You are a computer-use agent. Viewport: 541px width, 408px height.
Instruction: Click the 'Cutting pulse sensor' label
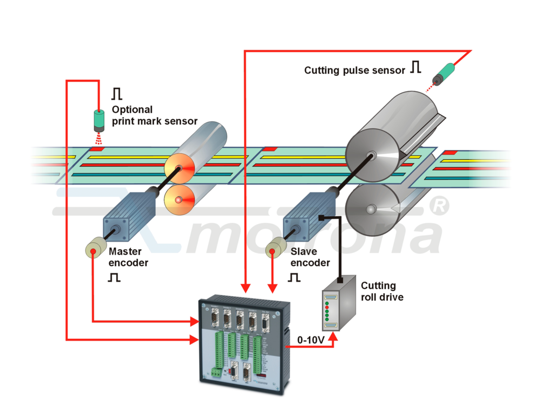click(354, 70)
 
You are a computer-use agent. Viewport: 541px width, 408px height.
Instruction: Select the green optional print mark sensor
click(98, 121)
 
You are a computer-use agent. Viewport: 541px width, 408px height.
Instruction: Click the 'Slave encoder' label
click(309, 257)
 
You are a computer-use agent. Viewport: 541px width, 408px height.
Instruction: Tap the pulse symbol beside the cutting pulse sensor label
click(415, 67)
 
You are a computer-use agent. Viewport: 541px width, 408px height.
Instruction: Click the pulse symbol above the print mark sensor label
click(117, 94)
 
